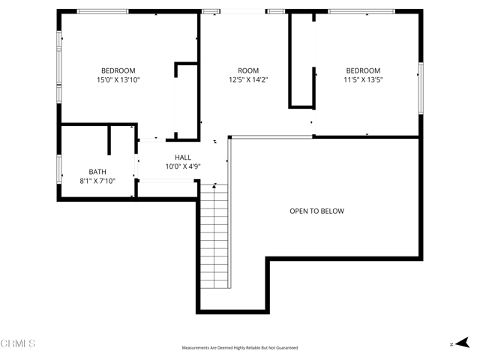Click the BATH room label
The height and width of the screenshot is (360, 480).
(97, 172)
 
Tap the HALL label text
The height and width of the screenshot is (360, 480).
(183, 157)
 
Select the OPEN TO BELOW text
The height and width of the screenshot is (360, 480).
(316, 211)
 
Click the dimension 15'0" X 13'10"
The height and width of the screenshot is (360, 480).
(118, 79)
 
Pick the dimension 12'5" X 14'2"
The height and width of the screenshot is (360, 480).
(248, 79)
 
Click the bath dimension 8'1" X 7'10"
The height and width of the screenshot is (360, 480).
(97, 181)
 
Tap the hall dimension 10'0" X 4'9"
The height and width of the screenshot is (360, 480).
(183, 166)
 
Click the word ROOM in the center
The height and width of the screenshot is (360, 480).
(248, 70)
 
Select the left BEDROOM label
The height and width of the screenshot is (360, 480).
(118, 70)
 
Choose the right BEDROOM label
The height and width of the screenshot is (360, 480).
(363, 70)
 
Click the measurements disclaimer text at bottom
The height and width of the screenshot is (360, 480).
(240, 348)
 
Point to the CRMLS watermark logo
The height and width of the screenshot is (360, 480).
(18, 343)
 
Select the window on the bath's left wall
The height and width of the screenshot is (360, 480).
(59, 169)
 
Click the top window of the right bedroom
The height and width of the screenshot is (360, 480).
(361, 11)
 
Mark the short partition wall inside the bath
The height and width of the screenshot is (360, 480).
(109, 139)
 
